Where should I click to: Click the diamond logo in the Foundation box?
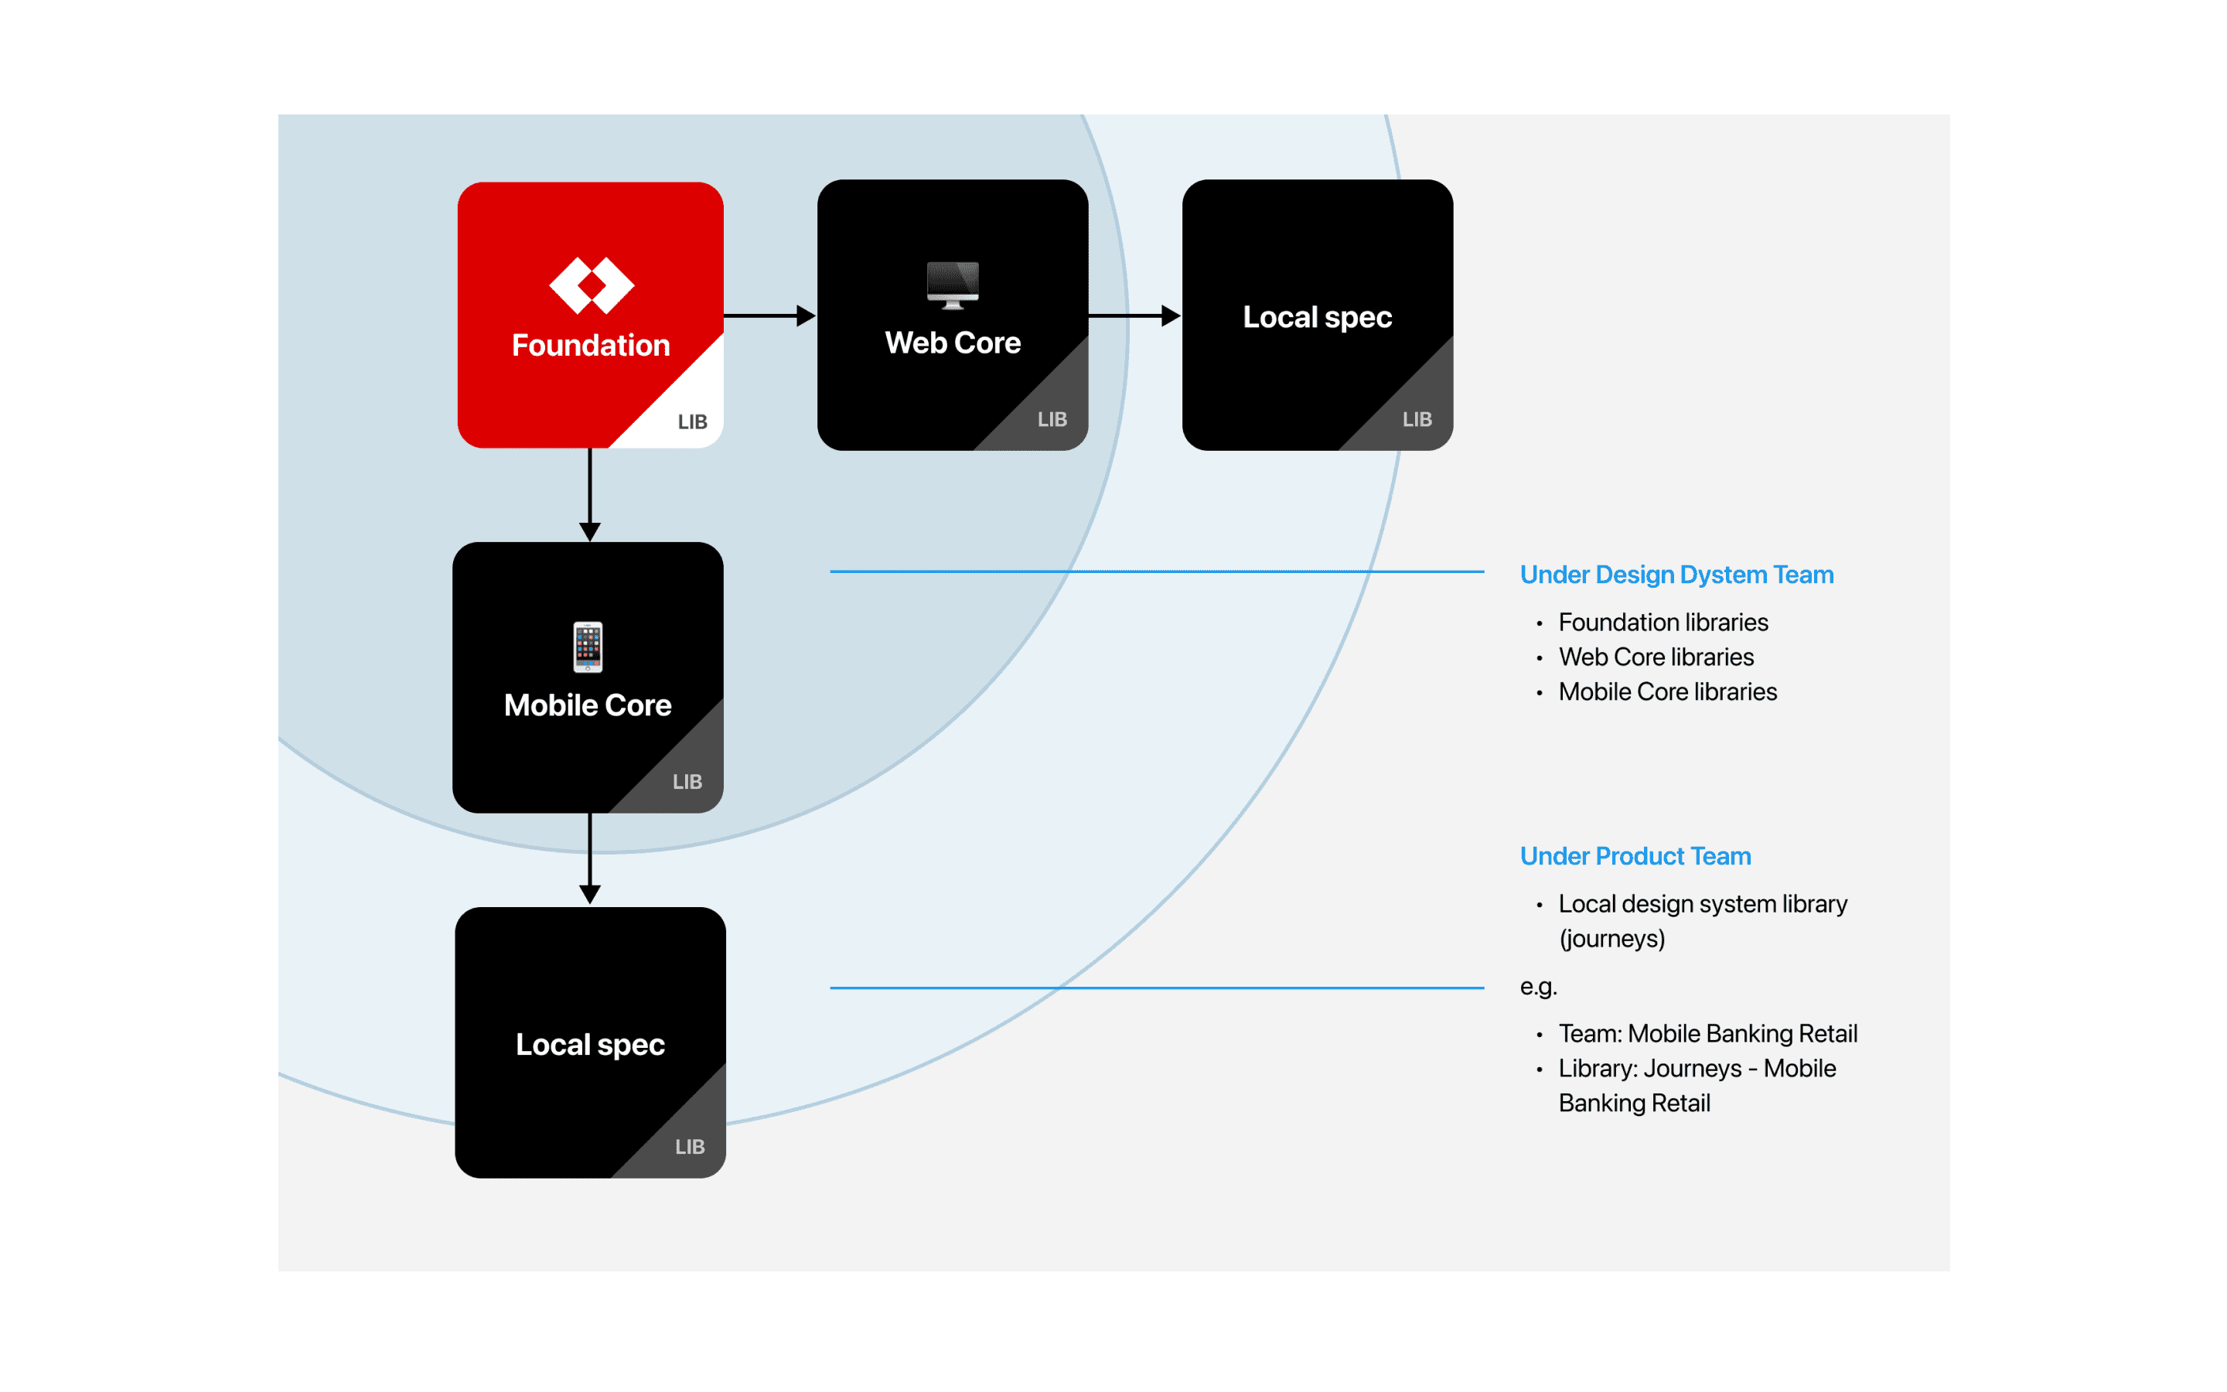pyautogui.click(x=591, y=285)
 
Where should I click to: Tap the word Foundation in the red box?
pyautogui.click(x=591, y=345)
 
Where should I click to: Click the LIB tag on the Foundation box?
pyautogui.click(x=692, y=421)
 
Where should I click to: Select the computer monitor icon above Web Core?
pyautogui.click(x=953, y=285)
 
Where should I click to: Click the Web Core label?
pyautogui.click(x=953, y=343)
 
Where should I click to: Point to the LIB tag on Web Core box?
pyautogui.click(x=1052, y=419)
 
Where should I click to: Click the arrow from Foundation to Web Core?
pyautogui.click(x=769, y=316)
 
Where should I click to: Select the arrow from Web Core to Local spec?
pyautogui.click(x=1134, y=316)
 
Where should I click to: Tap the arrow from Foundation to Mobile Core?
pyautogui.click(x=590, y=495)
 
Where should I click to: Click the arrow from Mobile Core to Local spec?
pyautogui.click(x=590, y=859)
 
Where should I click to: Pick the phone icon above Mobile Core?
pyautogui.click(x=588, y=647)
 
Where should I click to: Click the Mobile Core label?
pyautogui.click(x=588, y=705)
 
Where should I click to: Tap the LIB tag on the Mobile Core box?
pyautogui.click(x=687, y=782)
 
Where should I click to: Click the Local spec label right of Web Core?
pyautogui.click(x=1317, y=317)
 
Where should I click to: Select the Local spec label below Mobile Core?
pyautogui.click(x=590, y=1044)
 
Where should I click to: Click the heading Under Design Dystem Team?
pyautogui.click(x=1676, y=575)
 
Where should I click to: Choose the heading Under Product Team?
pyautogui.click(x=1635, y=856)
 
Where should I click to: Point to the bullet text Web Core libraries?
pyautogui.click(x=1656, y=657)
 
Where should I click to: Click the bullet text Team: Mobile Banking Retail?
pyautogui.click(x=1708, y=1033)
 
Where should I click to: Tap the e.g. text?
pyautogui.click(x=1539, y=987)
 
